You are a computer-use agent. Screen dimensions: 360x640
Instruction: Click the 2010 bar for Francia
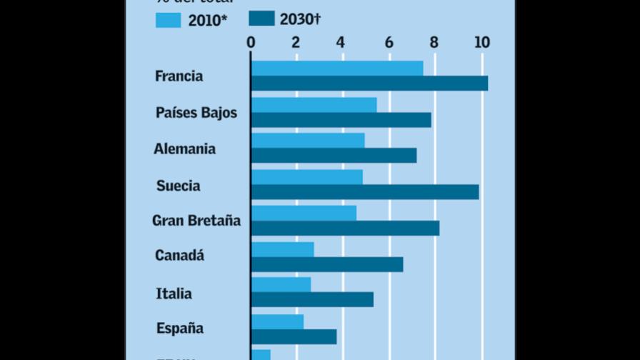point(336,68)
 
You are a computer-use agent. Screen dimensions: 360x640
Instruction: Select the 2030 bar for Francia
point(369,84)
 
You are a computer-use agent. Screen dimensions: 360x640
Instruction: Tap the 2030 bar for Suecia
point(365,192)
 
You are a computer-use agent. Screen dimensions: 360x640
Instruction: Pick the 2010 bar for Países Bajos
point(314,105)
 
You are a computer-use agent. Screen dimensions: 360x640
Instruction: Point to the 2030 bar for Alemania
point(334,156)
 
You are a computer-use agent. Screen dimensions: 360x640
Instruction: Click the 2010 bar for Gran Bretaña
point(304,213)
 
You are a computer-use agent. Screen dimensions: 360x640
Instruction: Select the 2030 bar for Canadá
point(327,264)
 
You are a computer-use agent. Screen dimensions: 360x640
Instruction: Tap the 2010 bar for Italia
point(281,285)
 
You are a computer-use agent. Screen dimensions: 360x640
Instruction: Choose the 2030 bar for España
point(294,336)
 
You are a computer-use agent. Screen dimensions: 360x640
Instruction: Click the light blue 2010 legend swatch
point(169,20)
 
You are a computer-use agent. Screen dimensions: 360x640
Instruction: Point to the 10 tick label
point(482,42)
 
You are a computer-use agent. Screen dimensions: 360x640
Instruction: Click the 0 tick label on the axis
point(251,42)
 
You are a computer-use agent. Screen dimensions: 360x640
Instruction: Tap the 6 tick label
point(389,42)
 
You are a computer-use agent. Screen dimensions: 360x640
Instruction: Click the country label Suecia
point(178,186)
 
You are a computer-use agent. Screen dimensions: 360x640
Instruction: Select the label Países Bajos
point(196,113)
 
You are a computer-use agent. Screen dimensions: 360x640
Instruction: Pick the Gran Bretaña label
point(196,221)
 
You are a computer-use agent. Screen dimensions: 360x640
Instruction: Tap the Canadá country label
point(179,256)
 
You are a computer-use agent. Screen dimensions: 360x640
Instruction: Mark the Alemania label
point(184,149)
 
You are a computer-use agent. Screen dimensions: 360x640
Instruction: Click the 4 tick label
point(341,42)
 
